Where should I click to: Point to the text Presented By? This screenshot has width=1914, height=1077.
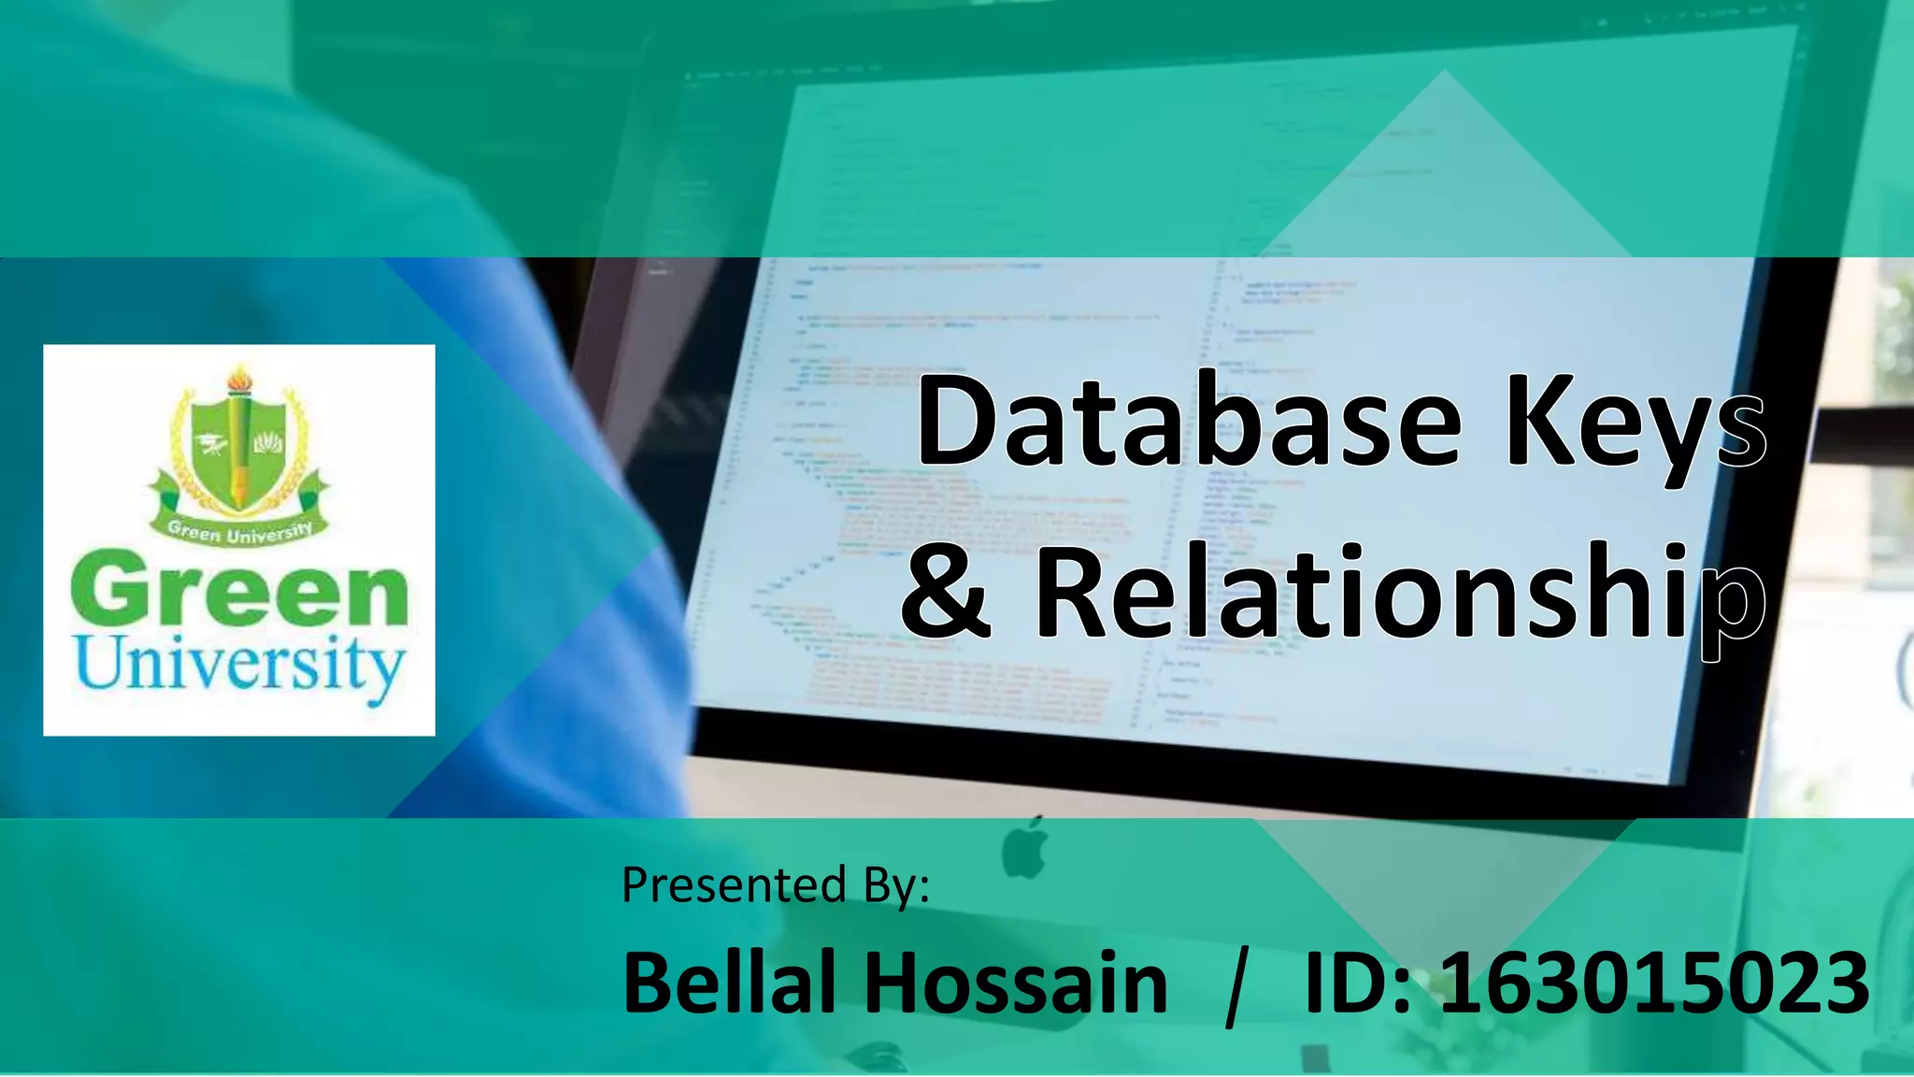[x=776, y=884]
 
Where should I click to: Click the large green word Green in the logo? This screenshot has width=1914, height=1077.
[x=239, y=591]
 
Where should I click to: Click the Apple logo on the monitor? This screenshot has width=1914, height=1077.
[x=1025, y=848]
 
